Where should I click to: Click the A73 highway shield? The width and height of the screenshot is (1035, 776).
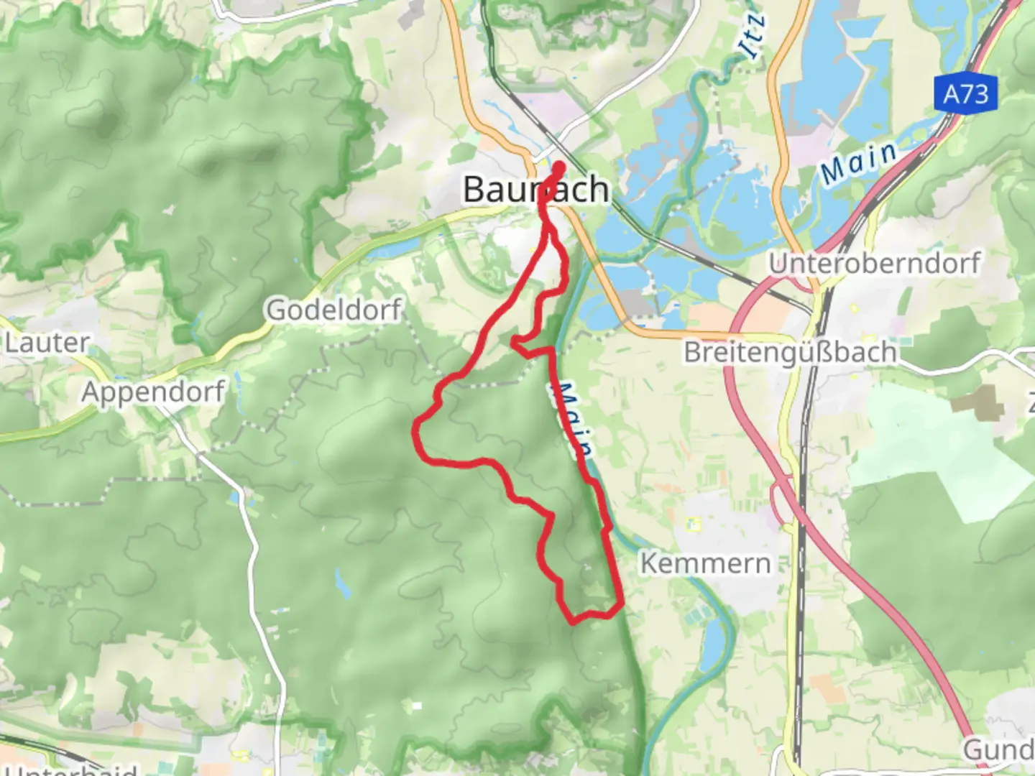point(966,93)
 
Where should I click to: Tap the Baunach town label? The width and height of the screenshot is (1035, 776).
point(535,190)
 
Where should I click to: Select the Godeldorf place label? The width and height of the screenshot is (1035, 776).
point(333,310)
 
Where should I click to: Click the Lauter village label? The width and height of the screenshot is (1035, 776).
point(47,343)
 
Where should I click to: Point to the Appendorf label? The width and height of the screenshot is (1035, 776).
point(153,392)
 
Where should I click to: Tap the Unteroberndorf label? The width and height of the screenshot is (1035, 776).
point(874,263)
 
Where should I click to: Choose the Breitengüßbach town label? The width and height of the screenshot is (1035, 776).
point(790,352)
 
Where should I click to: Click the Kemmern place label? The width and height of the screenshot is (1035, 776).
point(705,563)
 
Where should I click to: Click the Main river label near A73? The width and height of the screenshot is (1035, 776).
point(859,163)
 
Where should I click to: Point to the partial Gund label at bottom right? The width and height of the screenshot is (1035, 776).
point(999,749)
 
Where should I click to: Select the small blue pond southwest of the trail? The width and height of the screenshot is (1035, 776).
point(342,586)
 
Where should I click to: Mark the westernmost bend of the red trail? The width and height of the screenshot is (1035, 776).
point(415,430)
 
